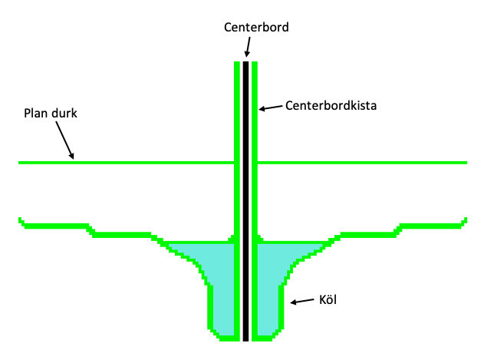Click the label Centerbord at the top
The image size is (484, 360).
tap(256, 27)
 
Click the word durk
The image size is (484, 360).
tap(65, 114)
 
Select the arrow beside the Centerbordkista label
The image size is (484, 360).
tap(271, 107)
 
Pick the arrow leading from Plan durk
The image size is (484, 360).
tap(65, 140)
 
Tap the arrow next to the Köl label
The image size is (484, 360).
tap(302, 300)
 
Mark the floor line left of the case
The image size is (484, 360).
tap(123, 163)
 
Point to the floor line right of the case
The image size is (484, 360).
tap(361, 163)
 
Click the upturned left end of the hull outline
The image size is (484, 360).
tap(21, 222)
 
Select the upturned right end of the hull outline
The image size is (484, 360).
tap(465, 222)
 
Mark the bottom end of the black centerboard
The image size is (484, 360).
tap(246, 337)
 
